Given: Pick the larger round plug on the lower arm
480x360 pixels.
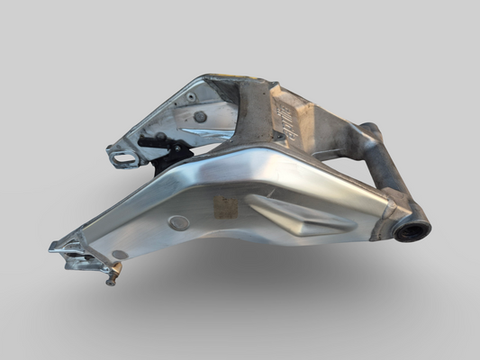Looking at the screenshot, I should click(179, 223).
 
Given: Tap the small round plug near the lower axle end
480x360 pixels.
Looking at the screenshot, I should click(120, 255).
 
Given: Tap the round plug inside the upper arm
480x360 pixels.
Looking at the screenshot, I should click(200, 117).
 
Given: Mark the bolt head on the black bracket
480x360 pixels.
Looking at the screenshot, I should click(161, 137).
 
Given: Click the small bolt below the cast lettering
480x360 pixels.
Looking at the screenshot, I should click(280, 137).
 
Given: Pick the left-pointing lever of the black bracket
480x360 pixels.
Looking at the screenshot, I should click(147, 141).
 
